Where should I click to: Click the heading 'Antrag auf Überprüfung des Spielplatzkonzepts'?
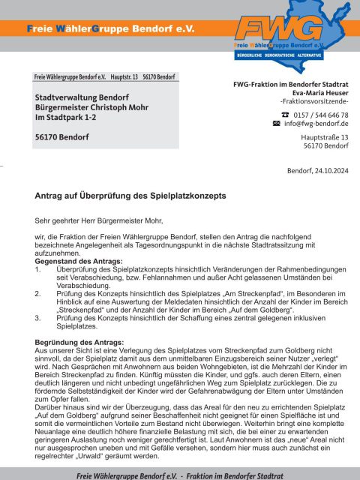click(130, 196)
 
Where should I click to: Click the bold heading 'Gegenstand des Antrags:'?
click(78, 260)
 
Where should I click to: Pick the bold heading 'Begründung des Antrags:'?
click(79, 341)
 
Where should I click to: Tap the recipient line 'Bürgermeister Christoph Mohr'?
click(94, 108)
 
